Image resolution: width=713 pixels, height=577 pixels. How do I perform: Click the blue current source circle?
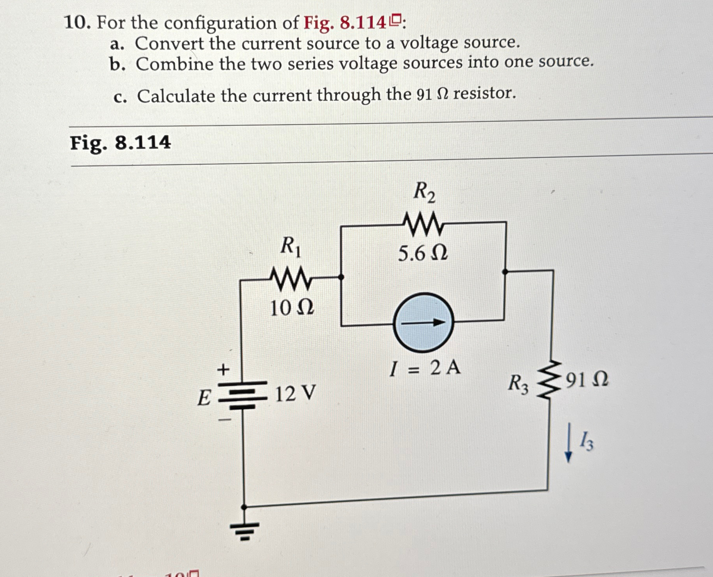423,322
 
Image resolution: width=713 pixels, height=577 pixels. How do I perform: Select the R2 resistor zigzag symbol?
423,224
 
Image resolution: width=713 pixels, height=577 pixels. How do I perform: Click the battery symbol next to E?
243,395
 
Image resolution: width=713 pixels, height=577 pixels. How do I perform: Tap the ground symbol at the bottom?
244,530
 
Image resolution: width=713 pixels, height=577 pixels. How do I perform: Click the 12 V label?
295,393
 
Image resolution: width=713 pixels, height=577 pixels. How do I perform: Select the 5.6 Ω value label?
422,253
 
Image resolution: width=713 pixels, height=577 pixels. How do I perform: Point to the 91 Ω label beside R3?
587,380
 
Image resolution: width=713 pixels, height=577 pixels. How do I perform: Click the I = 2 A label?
425,368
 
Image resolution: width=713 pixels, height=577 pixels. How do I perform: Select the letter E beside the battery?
204,398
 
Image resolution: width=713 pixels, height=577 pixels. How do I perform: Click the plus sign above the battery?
223,369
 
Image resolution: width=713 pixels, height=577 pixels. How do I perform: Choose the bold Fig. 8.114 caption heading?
120,143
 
